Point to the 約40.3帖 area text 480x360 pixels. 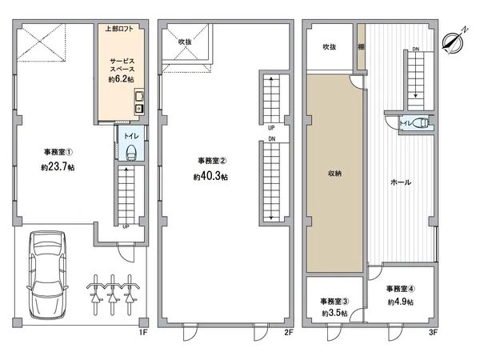tap(210, 177)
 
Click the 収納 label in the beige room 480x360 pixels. tap(334, 173)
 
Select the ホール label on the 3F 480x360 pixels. tap(401, 182)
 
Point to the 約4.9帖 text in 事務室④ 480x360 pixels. tap(400, 302)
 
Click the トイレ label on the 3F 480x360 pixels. tap(407, 122)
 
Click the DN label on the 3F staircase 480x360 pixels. tap(415, 50)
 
